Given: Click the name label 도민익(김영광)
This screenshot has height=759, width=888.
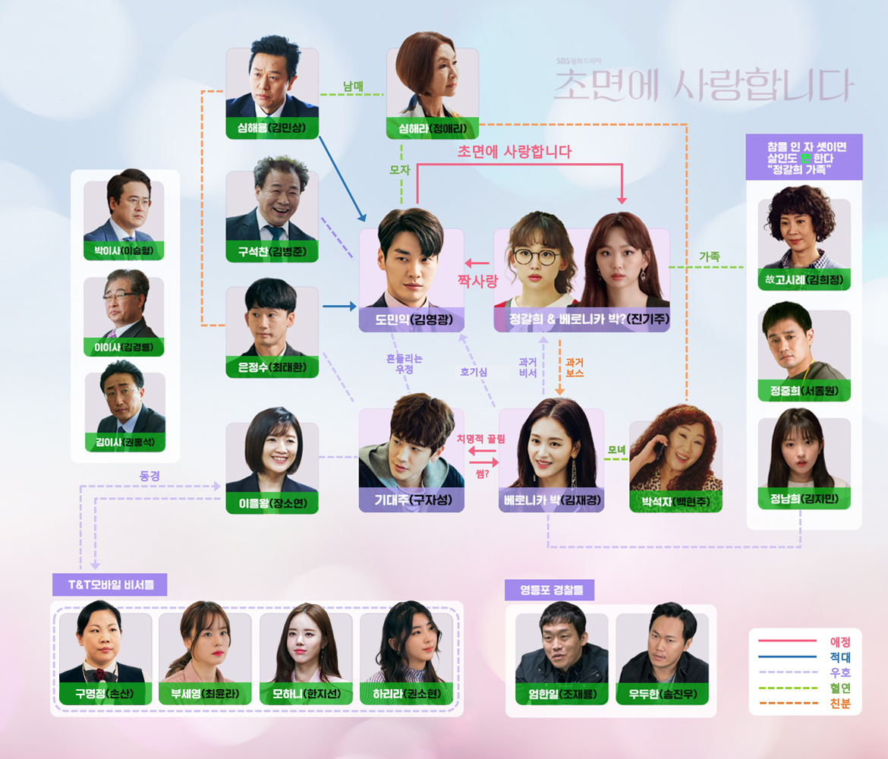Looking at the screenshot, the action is (x=411, y=320).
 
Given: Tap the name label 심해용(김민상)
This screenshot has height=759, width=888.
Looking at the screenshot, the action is (x=272, y=128).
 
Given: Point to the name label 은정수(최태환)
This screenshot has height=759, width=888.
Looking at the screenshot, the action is (x=272, y=367).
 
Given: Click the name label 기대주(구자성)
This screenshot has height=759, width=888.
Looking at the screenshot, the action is (x=411, y=500).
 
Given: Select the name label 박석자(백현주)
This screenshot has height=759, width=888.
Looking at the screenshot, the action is (x=675, y=501).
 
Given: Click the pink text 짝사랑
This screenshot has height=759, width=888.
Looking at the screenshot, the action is (x=476, y=281).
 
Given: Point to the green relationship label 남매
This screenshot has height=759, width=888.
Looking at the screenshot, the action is (x=353, y=86).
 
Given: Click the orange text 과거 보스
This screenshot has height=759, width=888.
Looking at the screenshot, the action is (x=574, y=367).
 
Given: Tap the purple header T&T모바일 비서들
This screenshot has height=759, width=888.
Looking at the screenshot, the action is (x=109, y=584).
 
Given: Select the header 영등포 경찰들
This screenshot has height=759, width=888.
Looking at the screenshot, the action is (x=549, y=590).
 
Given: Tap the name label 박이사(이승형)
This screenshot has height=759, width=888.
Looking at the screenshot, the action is (x=124, y=250).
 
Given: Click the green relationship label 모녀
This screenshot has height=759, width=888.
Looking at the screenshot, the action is (x=616, y=450).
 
